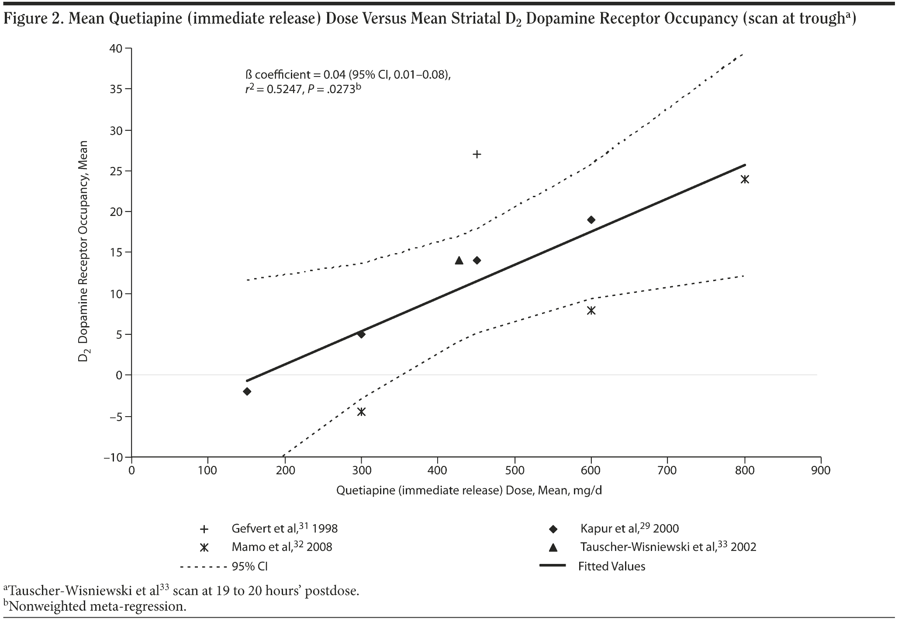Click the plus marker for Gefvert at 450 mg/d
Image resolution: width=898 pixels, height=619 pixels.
click(477, 154)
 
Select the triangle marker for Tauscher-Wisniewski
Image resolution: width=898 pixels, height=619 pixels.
click(459, 261)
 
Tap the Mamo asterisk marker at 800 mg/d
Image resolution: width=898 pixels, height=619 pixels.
click(745, 179)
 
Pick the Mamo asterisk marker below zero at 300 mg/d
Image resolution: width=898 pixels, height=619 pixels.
click(361, 411)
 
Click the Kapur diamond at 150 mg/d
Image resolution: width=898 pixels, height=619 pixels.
click(247, 391)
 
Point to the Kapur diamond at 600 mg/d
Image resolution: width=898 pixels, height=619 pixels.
click(591, 219)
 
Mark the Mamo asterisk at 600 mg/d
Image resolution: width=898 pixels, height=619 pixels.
click(591, 310)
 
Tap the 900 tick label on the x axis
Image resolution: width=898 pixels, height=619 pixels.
click(821, 470)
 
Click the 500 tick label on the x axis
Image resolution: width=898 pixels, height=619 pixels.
click(515, 470)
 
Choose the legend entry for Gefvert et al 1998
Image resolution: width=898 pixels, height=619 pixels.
click(284, 529)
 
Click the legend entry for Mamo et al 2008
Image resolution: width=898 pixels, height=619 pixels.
click(281, 547)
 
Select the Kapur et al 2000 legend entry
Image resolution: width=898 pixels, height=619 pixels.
click(629, 529)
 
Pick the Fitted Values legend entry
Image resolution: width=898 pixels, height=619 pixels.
click(611, 566)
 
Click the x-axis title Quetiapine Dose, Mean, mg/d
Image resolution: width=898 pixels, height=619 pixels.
click(469, 490)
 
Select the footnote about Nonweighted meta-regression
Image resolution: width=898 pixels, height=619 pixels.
click(96, 606)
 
